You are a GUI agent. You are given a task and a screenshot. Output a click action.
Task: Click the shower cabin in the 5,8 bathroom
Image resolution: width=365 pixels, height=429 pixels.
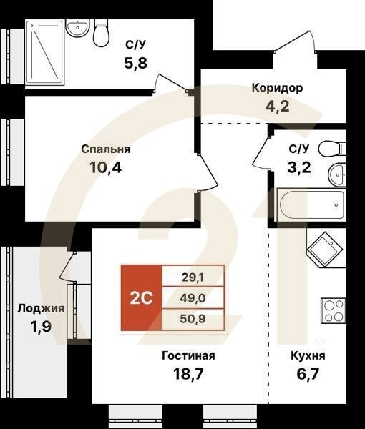47,51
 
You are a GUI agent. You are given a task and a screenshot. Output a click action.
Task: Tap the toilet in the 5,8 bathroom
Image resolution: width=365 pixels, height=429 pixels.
101,31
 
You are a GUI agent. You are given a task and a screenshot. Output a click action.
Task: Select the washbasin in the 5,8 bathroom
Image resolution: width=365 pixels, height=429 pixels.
76,28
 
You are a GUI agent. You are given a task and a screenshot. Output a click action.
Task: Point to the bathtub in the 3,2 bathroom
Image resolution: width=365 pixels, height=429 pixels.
311,206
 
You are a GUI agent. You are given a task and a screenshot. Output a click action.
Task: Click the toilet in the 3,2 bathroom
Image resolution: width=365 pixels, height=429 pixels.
331,149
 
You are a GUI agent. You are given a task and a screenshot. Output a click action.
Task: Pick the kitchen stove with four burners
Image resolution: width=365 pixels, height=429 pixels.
334,310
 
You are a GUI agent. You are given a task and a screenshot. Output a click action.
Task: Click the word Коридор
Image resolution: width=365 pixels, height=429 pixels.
276,89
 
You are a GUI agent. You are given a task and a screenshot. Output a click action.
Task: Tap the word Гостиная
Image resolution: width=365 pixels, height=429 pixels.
188,355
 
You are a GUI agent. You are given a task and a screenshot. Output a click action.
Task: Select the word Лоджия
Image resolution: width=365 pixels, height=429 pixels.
41,309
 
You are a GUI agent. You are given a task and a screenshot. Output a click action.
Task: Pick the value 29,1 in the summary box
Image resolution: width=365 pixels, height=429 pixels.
193,275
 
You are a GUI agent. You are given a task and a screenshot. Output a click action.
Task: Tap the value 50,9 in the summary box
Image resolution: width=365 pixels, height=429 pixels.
193,320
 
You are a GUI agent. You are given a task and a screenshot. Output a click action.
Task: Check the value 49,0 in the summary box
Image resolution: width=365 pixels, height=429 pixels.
193,297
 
